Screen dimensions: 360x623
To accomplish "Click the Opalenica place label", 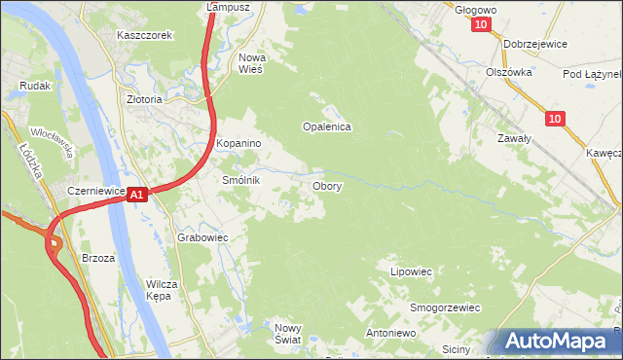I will [326, 126].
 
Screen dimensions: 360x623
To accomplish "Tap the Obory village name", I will [326, 185].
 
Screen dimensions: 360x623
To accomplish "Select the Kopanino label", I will [239, 144].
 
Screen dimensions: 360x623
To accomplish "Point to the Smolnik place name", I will [241, 181].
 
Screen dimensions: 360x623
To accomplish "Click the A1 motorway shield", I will [137, 196].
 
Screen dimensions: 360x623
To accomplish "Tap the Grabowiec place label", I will [202, 237].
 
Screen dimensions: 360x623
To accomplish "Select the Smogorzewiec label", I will [446, 307].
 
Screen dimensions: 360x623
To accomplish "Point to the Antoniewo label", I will [390, 333].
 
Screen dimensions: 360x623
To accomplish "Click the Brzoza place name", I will [99, 258].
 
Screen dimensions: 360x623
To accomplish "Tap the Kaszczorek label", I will [144, 35].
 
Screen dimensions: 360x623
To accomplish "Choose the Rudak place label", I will [35, 86].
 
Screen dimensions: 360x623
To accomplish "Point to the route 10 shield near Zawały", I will [554, 119].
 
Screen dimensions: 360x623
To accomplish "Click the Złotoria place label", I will [144, 99].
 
